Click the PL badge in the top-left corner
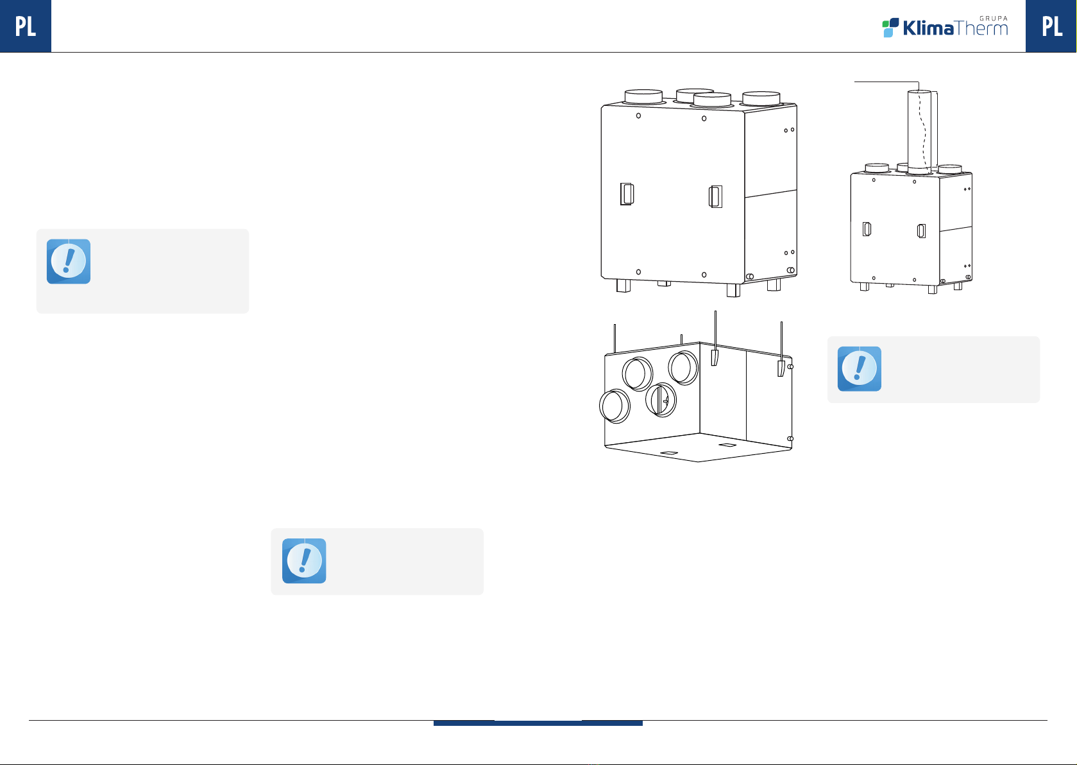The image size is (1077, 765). [26, 26]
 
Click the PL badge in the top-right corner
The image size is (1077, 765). [1051, 26]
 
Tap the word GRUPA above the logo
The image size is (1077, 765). [994, 18]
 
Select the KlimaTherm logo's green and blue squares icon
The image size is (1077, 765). [890, 28]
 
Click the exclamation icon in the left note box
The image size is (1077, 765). [68, 261]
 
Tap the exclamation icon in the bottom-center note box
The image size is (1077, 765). [304, 561]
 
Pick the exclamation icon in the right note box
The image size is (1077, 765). [859, 368]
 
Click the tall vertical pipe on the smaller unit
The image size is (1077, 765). [919, 132]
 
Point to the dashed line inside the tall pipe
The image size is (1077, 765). [922, 130]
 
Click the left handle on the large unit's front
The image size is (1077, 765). [627, 194]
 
